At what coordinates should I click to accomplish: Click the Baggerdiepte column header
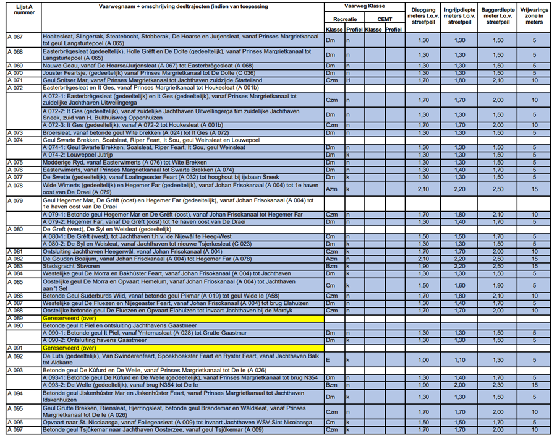[x=498, y=15]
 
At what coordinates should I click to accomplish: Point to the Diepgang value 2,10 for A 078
[x=423, y=189]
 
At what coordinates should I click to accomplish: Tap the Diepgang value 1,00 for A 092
[x=423, y=359]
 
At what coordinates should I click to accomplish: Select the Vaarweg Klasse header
[x=364, y=6]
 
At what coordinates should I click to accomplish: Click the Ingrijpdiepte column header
[x=460, y=15]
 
